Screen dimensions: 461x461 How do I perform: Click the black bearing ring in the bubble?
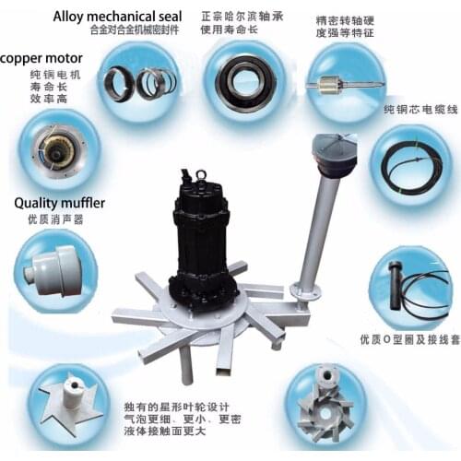tap(245, 81)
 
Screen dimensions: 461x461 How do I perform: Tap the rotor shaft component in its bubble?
tap(345, 84)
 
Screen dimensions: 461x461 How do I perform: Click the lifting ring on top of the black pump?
tap(201, 175)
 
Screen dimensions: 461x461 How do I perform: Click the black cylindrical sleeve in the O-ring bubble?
tap(396, 285)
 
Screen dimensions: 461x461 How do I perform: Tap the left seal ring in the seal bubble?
tap(119, 82)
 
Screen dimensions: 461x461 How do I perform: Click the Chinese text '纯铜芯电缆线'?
tap(420, 110)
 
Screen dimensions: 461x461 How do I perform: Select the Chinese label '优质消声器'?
tap(55, 219)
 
